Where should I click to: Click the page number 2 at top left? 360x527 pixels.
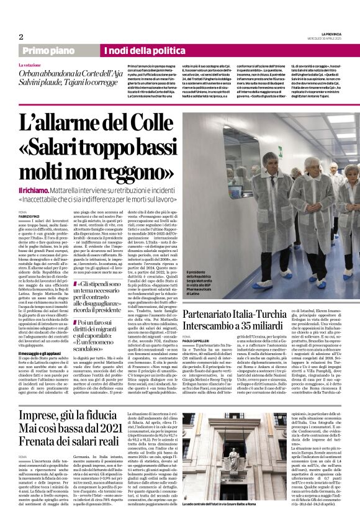[x=20, y=37]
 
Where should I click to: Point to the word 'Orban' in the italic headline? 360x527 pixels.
[x=30, y=73]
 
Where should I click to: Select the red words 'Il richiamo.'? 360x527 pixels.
[x=34, y=191]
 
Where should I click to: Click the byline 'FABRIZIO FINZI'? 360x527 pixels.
[x=29, y=216]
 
